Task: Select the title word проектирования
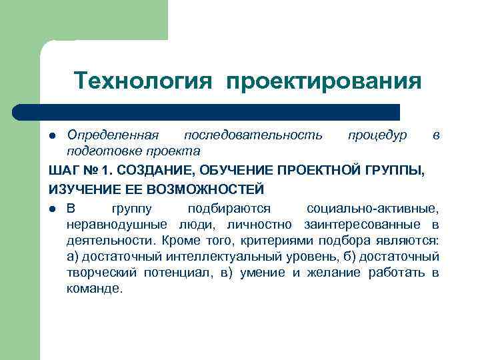324,81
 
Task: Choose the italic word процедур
377,135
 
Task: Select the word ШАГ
64,171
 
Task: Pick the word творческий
102,272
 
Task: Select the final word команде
95,289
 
